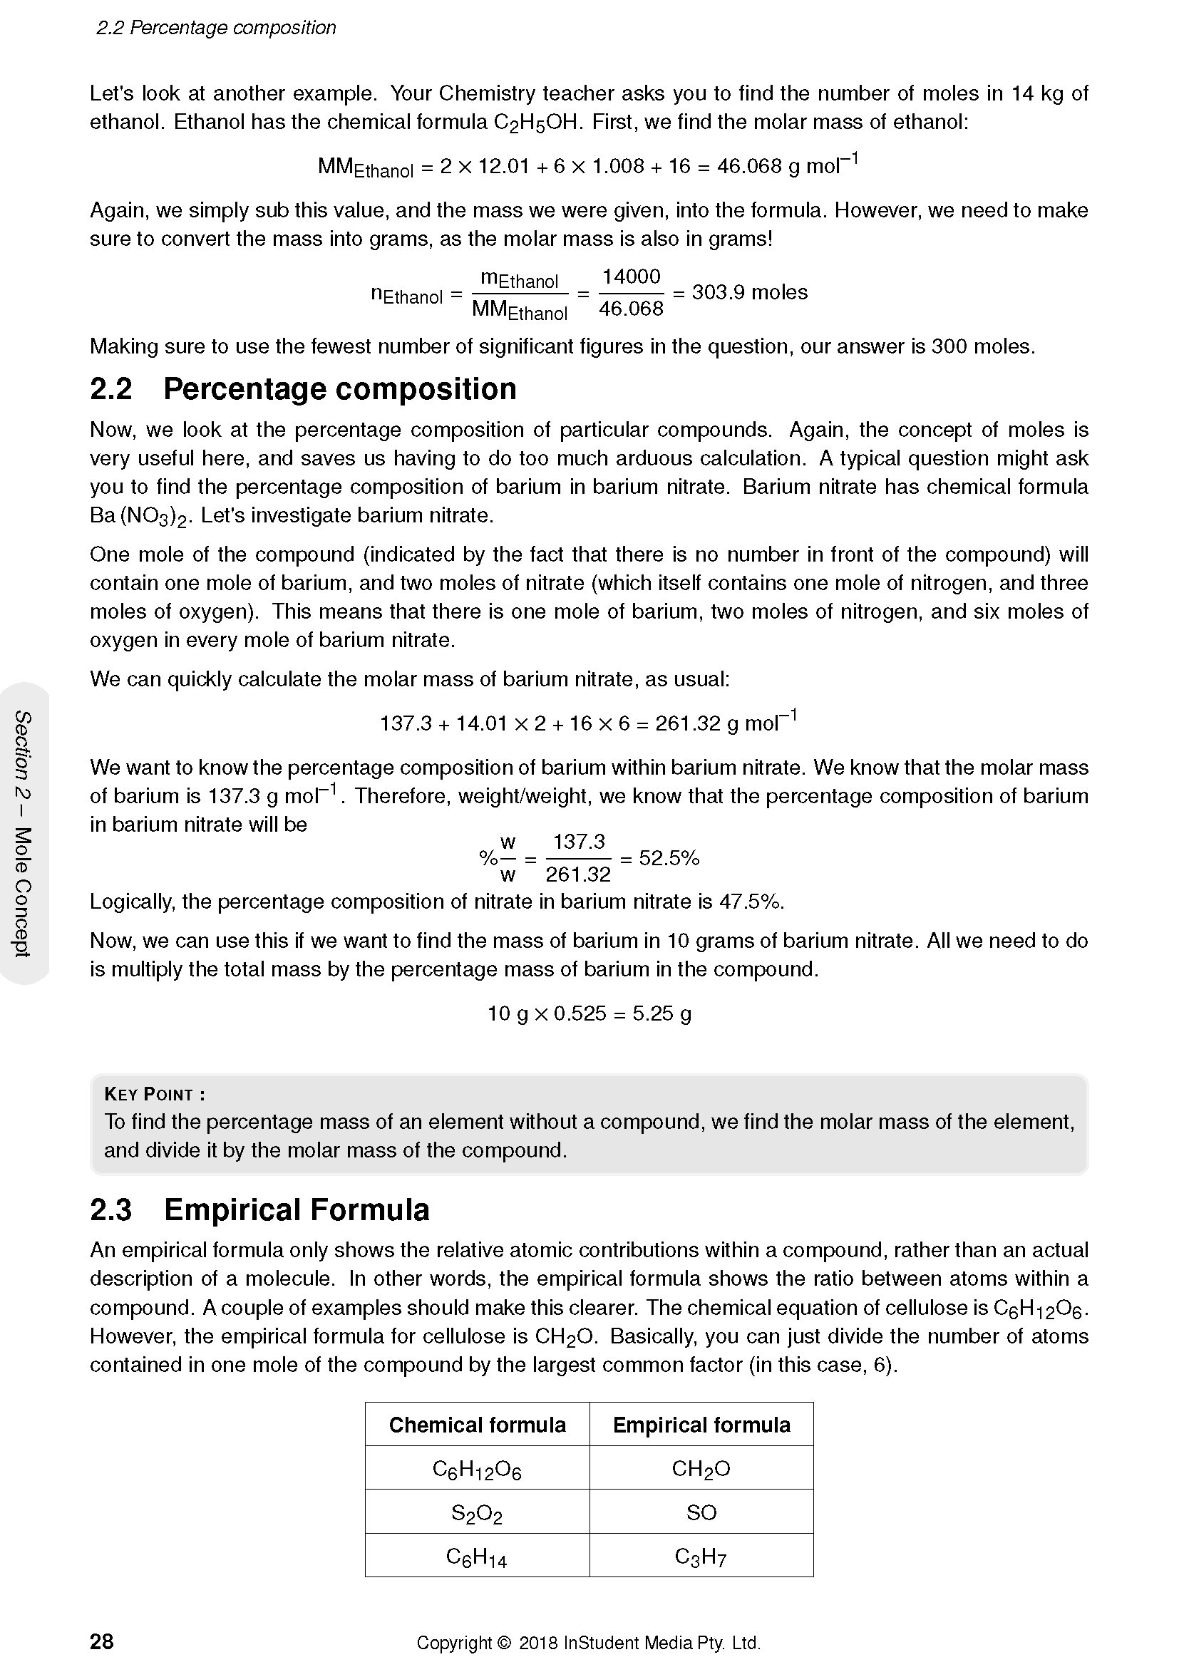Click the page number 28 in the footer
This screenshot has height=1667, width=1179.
pyautogui.click(x=102, y=1641)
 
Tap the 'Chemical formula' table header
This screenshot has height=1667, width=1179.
pyautogui.click(x=477, y=1425)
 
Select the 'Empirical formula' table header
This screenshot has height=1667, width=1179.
pyautogui.click(x=701, y=1425)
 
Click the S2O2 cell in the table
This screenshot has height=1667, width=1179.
pyautogui.click(x=477, y=1513)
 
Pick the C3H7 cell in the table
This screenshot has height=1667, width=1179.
pyautogui.click(x=701, y=1557)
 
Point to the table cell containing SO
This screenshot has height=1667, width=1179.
pyautogui.click(x=701, y=1512)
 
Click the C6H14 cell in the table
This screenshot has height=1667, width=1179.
pyautogui.click(x=477, y=1557)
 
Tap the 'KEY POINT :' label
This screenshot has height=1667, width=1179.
pyautogui.click(x=155, y=1094)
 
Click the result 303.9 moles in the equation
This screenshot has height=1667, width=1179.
pyautogui.click(x=749, y=293)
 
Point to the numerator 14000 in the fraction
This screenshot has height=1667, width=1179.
pyautogui.click(x=631, y=277)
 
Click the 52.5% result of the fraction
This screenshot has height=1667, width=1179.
pyautogui.click(x=669, y=858)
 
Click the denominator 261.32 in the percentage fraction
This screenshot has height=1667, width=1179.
pyautogui.click(x=579, y=875)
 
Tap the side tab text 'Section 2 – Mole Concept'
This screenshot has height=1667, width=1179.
pyautogui.click(x=24, y=834)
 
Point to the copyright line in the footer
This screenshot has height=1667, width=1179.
pyautogui.click(x=589, y=1642)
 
